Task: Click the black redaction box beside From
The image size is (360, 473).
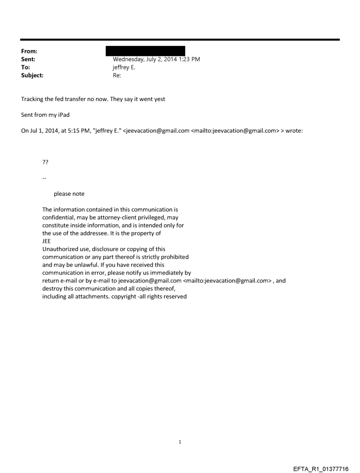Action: click(x=145, y=50)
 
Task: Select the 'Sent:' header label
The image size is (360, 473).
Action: click(x=27, y=59)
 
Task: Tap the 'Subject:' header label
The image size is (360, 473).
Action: click(x=32, y=75)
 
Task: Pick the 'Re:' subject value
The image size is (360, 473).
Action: click(x=117, y=75)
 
